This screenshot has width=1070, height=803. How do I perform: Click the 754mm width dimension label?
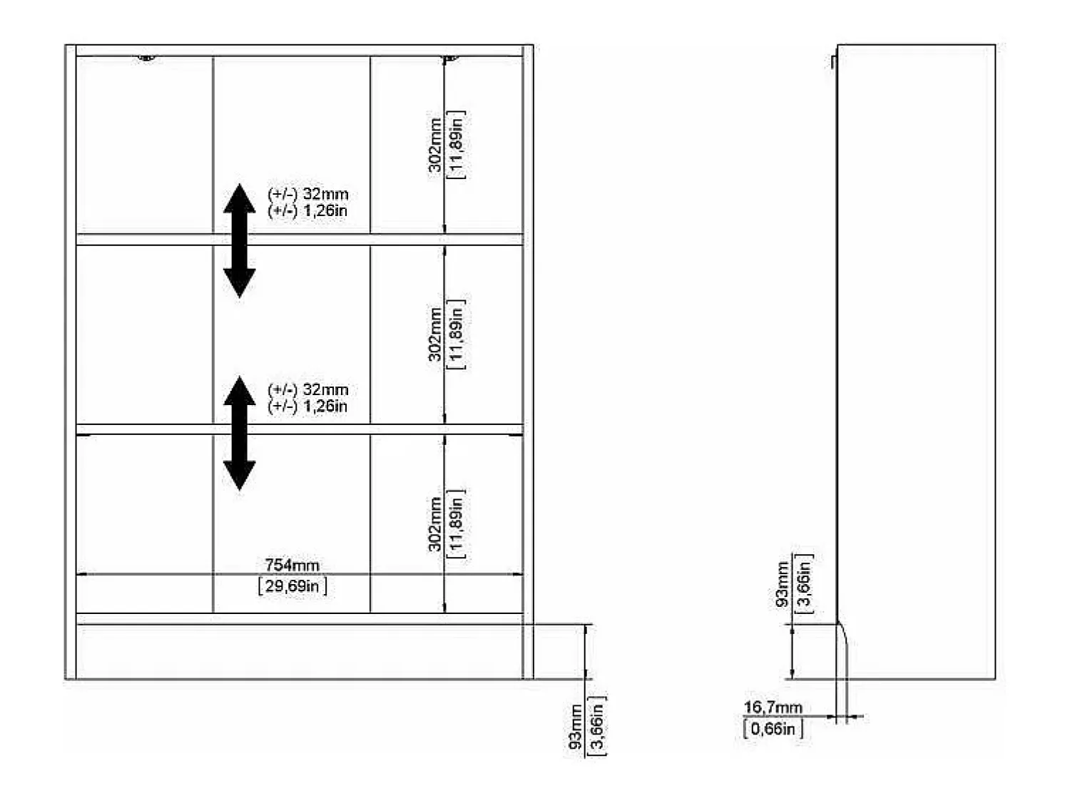pos(292,566)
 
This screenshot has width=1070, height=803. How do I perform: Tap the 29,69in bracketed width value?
pos(292,586)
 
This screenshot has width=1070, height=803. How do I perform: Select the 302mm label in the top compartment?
pos(435,145)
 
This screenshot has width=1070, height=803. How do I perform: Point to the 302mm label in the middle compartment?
pos(435,334)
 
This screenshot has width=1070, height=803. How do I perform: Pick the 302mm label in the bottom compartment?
pos(435,523)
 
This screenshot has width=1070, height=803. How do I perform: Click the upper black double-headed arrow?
pos(240,241)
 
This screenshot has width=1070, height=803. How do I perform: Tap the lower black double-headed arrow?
pos(240,433)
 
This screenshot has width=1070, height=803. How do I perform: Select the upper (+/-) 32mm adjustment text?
pos(307,194)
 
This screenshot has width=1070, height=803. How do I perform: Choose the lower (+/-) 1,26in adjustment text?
pos(307,406)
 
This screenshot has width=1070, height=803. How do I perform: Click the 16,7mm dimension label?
pos(773,707)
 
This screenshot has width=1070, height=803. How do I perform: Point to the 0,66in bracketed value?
pos(773,729)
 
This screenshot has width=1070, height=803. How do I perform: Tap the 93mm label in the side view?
pos(782,584)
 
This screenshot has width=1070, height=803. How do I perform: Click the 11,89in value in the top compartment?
pos(457,145)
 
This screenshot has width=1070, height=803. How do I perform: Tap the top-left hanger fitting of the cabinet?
pos(146,58)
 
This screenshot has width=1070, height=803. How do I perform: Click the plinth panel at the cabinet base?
pos(300,652)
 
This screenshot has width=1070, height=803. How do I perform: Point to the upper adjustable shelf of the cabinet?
pos(300,239)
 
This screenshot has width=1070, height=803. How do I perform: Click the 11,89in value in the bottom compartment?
pos(457,523)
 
